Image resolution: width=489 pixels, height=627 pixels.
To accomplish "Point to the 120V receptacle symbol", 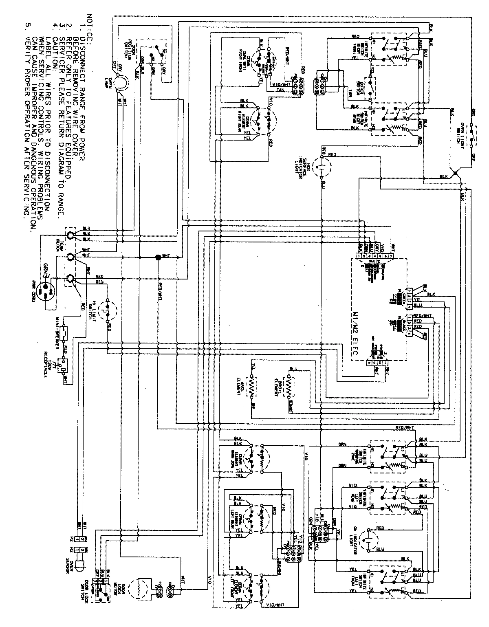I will pyautogui.click(x=62, y=362).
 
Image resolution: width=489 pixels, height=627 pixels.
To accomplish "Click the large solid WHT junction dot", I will pyautogui.click(x=157, y=257).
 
